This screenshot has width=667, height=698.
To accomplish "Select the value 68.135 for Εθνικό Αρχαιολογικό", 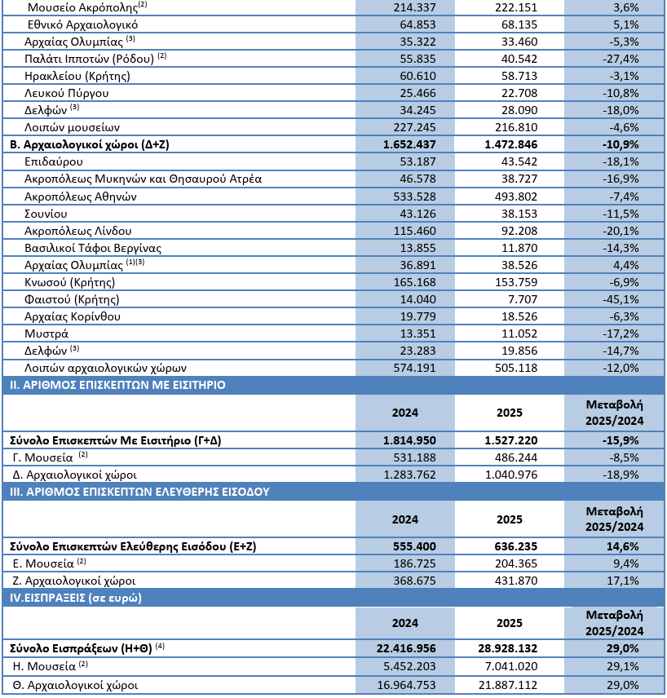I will [x=512, y=24].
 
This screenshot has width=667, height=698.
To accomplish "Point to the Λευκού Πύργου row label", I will [x=67, y=93].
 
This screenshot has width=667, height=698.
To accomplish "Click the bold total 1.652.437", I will [x=405, y=144].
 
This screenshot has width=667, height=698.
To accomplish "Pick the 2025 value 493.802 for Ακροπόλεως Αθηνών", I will [x=512, y=197].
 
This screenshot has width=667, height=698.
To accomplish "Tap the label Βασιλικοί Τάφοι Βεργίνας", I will [x=93, y=248].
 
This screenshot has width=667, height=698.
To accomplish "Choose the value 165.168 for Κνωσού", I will [x=405, y=282].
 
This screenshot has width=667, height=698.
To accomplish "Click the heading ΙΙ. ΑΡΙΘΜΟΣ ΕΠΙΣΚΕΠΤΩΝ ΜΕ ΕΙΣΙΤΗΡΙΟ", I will [x=117, y=385].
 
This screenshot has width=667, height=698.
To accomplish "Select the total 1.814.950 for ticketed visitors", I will [x=405, y=440].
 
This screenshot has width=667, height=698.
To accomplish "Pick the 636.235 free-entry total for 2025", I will [x=512, y=546].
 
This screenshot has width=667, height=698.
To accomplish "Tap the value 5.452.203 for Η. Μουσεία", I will [x=405, y=666].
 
